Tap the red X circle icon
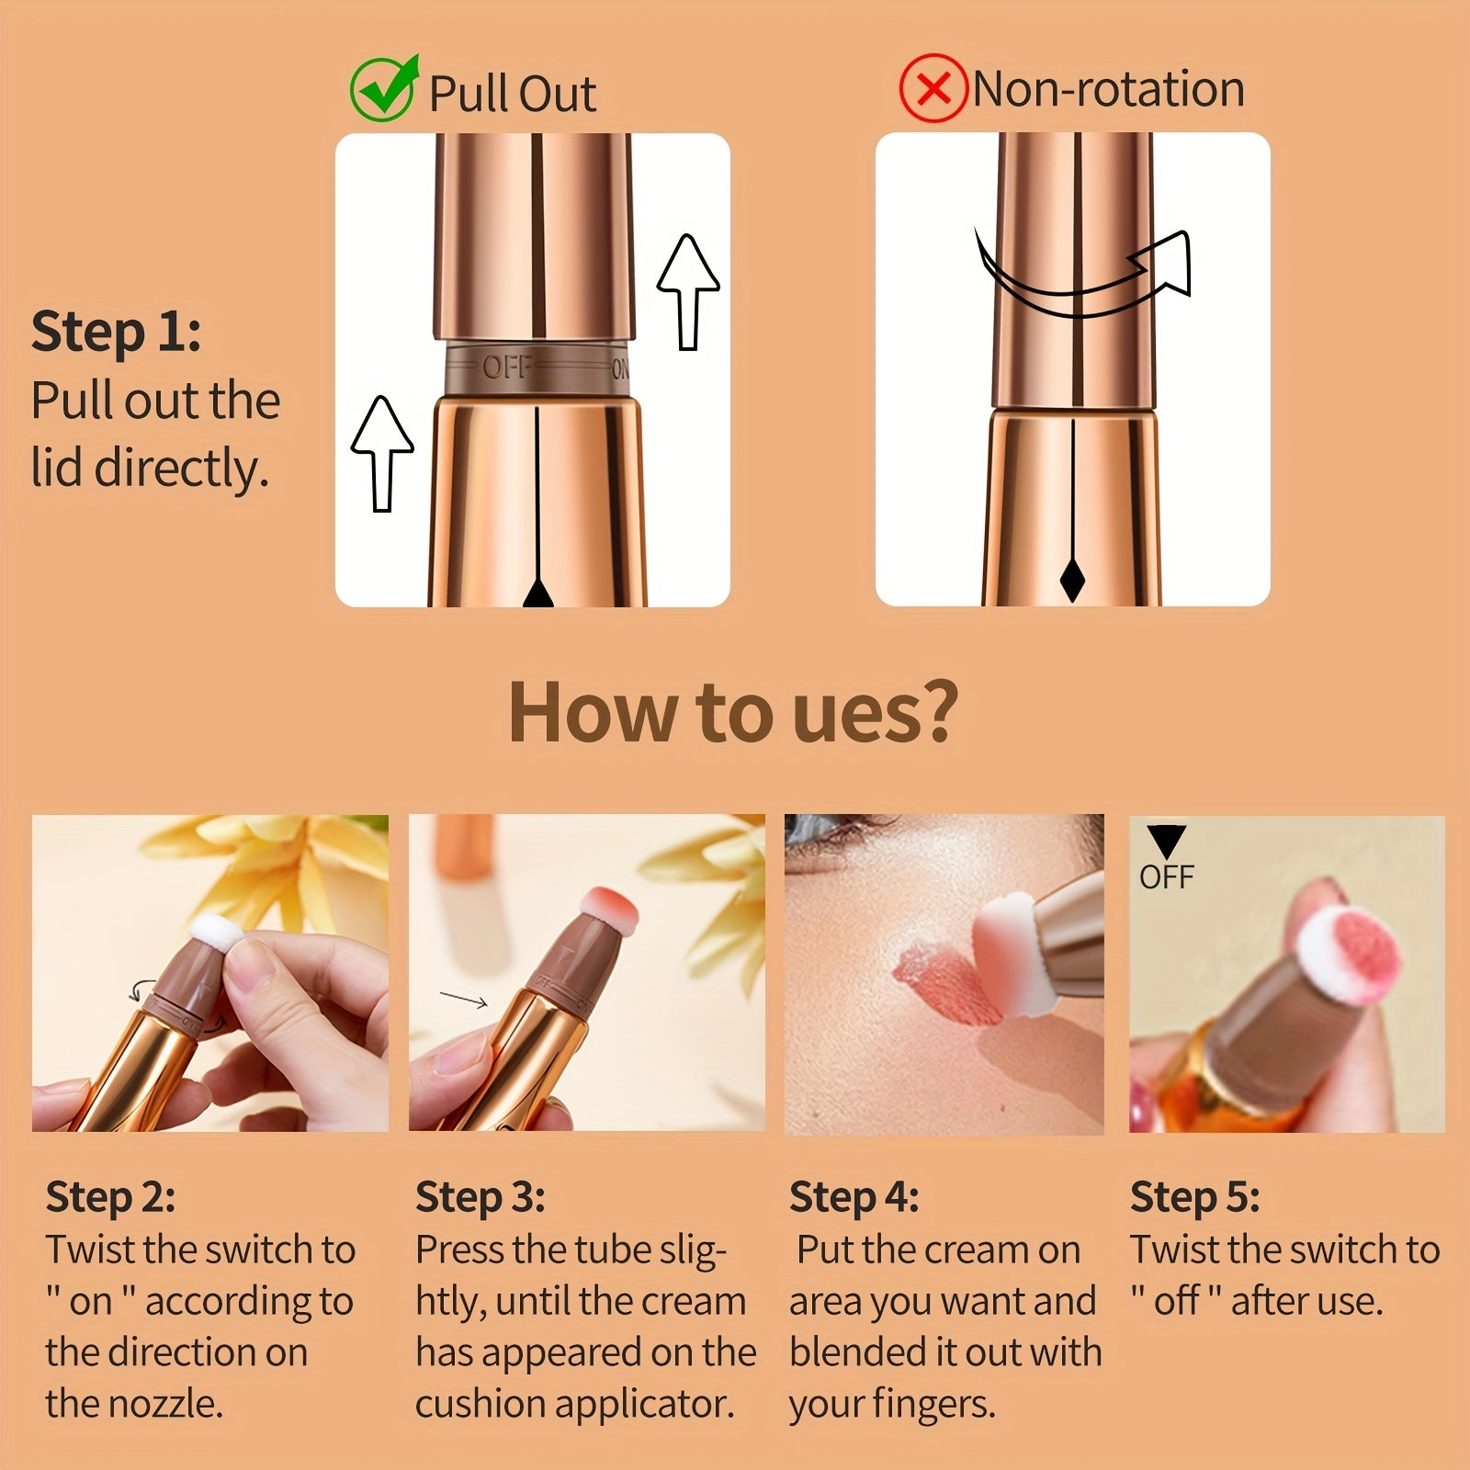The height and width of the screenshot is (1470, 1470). coord(933,89)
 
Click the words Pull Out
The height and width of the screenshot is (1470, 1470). coord(513,94)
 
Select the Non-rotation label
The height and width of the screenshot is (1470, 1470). coord(1108,89)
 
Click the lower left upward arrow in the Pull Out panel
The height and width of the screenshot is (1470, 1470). coord(382,452)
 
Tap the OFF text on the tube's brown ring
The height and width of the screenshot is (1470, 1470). coord(505,367)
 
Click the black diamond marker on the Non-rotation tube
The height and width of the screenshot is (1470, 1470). coord(1072,579)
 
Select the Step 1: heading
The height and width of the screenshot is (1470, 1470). coord(116,332)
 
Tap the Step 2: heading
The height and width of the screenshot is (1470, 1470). coord(110,1196)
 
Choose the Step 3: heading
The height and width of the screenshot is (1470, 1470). coord(480,1196)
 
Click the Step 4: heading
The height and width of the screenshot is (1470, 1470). coord(854,1196)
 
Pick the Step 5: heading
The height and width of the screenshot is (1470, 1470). coord(1194,1196)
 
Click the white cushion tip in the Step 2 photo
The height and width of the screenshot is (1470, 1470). coord(216,932)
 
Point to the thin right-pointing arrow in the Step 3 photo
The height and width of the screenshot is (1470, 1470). coord(463,1000)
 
